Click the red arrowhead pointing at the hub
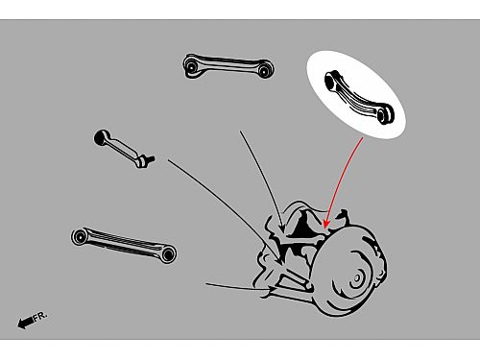click(326, 224)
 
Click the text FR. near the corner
click(40, 316)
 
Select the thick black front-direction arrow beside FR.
click(25, 323)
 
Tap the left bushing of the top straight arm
click(191, 67)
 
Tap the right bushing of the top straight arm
click(263, 71)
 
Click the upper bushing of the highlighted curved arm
click(330, 80)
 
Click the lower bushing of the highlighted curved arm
click(385, 115)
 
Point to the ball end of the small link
click(102, 138)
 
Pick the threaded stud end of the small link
click(148, 159)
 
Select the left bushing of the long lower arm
click(80, 237)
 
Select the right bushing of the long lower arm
click(168, 254)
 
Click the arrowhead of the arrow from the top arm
click(282, 228)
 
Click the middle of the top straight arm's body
click(228, 64)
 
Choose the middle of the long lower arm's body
click(124, 244)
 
